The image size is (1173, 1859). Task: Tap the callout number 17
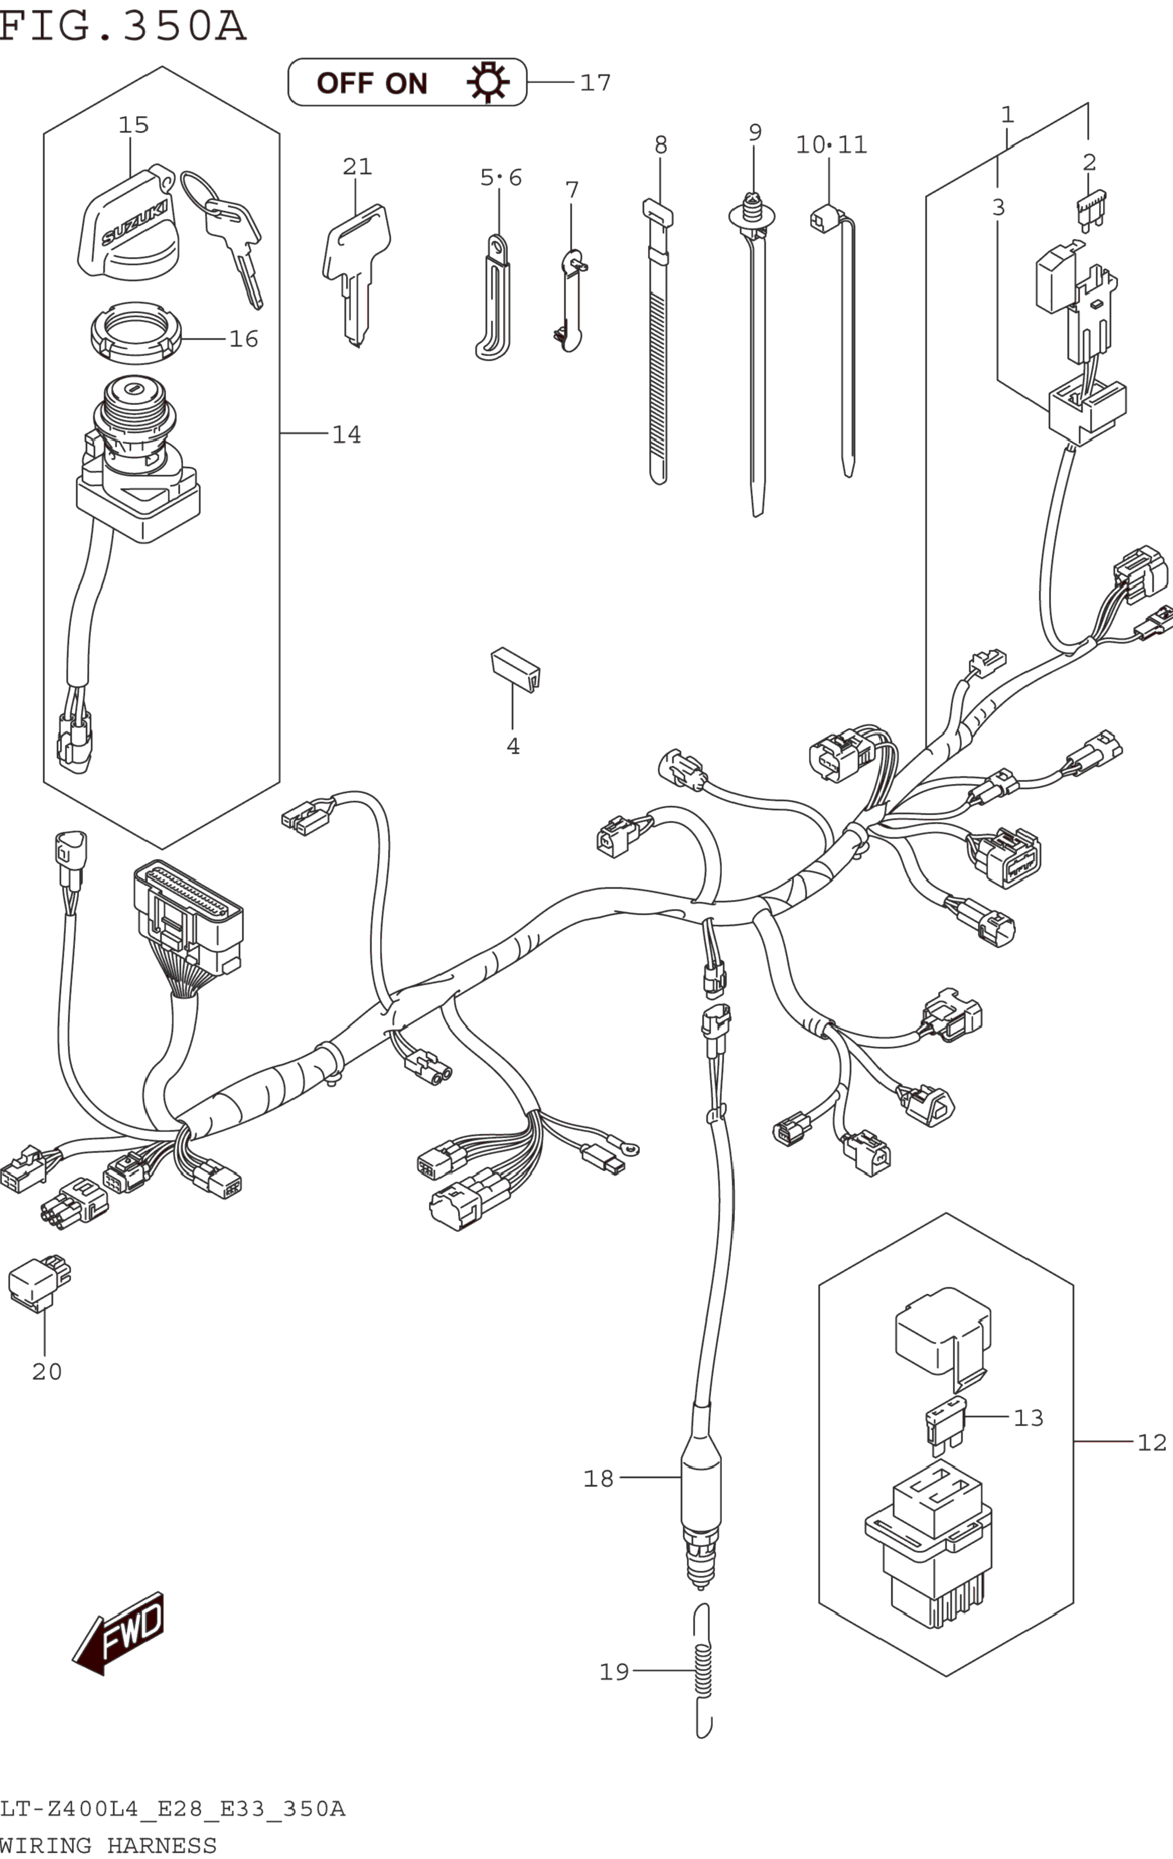click(596, 82)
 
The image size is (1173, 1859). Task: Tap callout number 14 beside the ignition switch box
click(346, 435)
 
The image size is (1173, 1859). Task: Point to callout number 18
click(598, 1478)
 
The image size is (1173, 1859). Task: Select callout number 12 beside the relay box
click(1151, 1442)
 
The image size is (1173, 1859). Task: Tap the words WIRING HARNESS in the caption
click(108, 1846)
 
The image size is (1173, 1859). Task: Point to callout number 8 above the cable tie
click(660, 144)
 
